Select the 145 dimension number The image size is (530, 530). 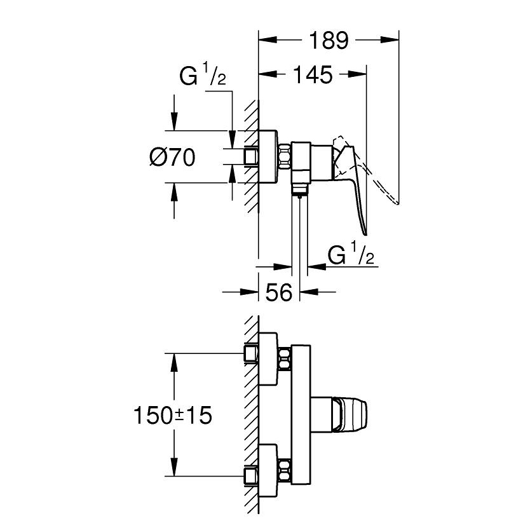pos(313,76)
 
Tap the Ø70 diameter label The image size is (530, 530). pos(172,156)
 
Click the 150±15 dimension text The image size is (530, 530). pos(172,416)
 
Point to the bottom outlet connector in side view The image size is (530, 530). pos(299,188)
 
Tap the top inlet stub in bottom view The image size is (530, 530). pos(251,353)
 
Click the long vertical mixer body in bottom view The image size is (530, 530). pos(302,414)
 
